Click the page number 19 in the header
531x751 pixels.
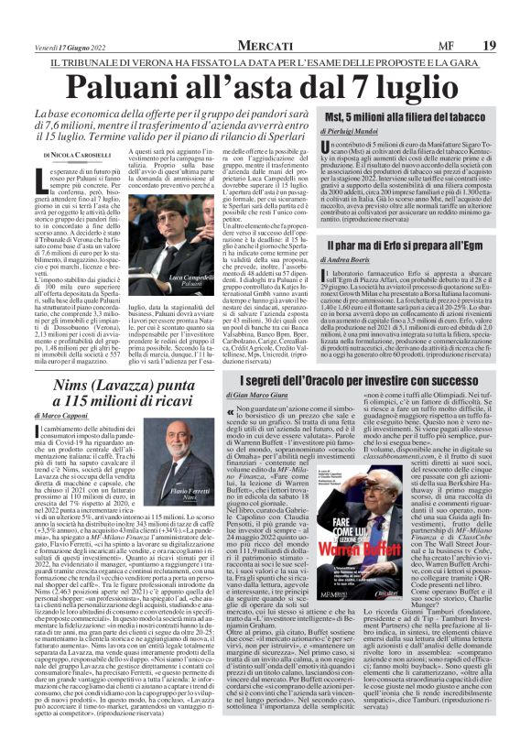[489, 45]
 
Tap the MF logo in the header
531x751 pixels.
[444, 45]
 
